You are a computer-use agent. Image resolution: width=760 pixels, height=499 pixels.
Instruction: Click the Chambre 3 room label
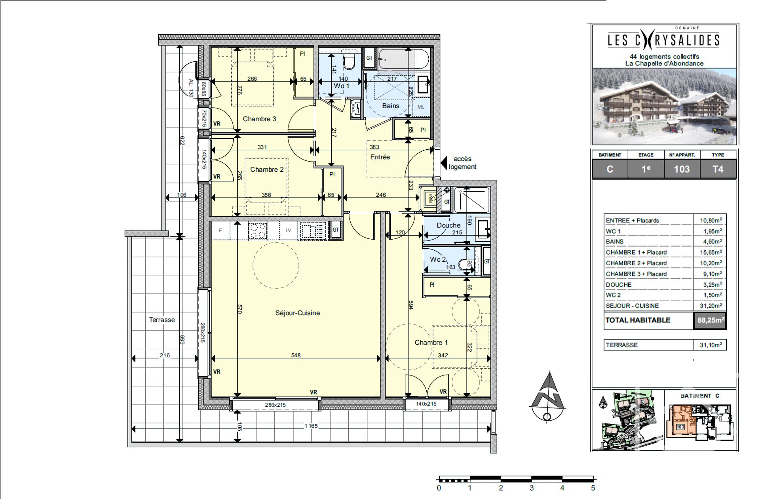click(x=259, y=119)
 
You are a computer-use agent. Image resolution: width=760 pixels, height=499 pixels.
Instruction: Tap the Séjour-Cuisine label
click(x=297, y=313)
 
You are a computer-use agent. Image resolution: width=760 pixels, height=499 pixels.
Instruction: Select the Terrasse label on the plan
click(x=161, y=320)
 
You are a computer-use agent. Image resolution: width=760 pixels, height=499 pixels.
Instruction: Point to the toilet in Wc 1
click(x=349, y=62)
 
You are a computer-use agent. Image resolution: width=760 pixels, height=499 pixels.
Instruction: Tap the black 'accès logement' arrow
click(x=444, y=163)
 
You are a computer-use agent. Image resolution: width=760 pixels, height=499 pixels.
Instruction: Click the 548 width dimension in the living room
click(x=296, y=355)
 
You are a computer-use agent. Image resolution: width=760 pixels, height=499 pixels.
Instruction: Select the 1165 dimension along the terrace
click(x=311, y=426)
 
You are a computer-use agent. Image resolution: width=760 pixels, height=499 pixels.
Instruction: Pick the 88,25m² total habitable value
click(x=710, y=320)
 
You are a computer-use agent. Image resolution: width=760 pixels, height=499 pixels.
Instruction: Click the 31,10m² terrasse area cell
click(x=710, y=345)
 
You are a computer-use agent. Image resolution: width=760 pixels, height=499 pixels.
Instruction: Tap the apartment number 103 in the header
click(x=682, y=169)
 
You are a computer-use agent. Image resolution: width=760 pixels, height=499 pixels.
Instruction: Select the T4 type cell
click(x=718, y=169)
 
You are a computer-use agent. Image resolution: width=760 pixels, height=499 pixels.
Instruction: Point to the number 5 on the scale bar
click(x=593, y=488)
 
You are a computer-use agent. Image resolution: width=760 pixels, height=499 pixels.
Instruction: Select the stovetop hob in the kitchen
click(x=257, y=231)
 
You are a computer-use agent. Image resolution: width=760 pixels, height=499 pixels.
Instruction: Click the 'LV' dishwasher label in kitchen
click(x=288, y=230)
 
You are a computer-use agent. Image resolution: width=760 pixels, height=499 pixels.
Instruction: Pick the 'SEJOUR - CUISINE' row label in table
click(x=632, y=306)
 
